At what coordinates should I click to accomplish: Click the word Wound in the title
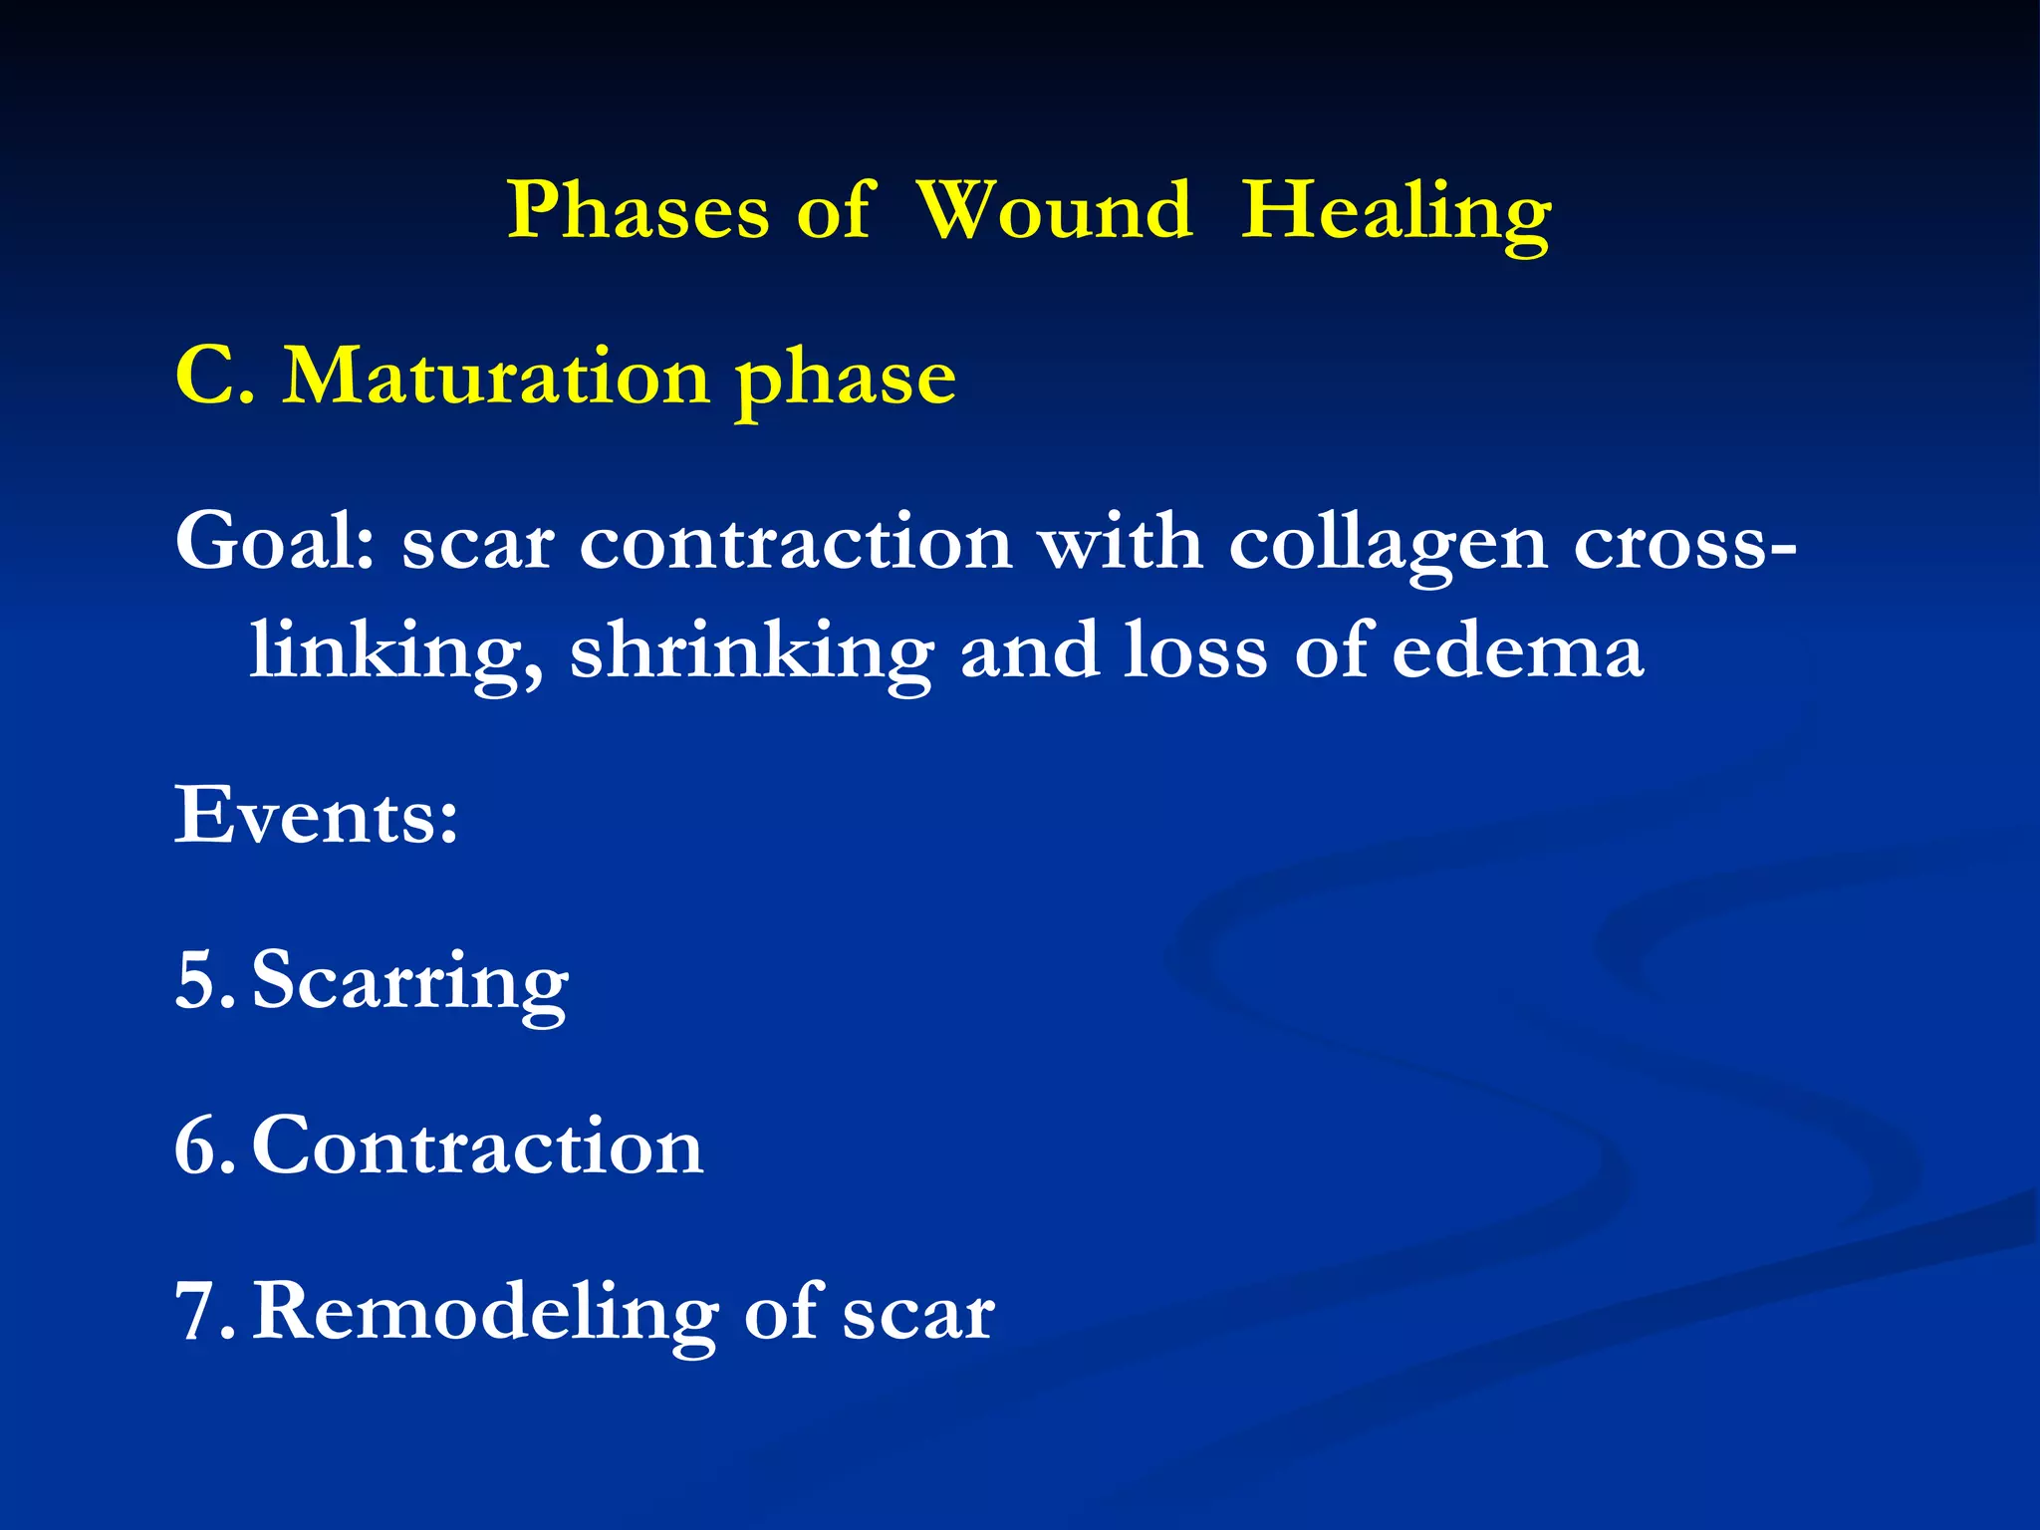1054,211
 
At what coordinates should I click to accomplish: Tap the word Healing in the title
1395,213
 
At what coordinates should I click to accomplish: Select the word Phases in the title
638,211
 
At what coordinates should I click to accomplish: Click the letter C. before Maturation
215,378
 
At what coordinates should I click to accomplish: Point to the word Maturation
496,378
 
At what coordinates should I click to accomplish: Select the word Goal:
275,543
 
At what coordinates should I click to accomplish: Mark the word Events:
317,816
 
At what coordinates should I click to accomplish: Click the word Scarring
409,984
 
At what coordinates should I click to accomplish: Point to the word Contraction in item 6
477,1147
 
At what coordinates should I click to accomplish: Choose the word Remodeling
485,1314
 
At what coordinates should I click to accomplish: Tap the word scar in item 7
917,1314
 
